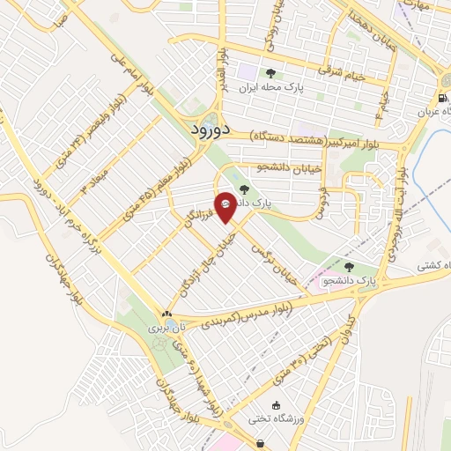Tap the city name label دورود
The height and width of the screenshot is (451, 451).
211,129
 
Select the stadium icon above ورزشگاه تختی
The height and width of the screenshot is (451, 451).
277,405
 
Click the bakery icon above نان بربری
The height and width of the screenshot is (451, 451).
166,314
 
